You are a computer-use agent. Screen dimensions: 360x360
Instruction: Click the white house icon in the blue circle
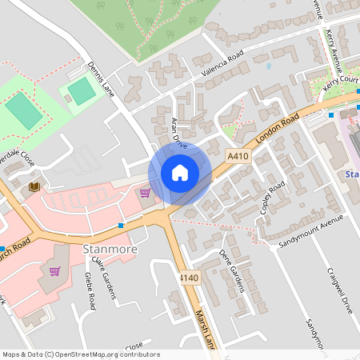pos(180,172)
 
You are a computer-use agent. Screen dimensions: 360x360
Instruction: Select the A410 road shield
pos(238,157)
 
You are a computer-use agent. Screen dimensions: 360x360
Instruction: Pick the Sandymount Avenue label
pos(311,230)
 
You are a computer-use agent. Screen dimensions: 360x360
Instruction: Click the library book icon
pos(34,186)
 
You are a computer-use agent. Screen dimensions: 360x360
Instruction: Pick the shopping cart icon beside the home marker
pos(145,192)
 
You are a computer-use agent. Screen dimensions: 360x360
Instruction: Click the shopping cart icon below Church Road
pos(54,271)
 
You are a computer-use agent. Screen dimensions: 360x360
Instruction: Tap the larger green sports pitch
pos(24,110)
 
